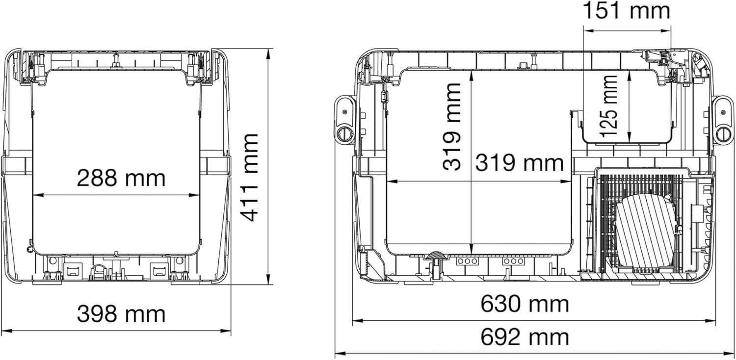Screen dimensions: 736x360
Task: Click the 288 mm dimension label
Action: [x=121, y=178]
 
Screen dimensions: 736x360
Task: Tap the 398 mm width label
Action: [x=121, y=314]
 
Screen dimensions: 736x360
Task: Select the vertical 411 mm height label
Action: [x=249, y=178]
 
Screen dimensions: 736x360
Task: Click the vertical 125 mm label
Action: [x=608, y=106]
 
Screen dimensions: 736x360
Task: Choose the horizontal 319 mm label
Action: [x=520, y=163]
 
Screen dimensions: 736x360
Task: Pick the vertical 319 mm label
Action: [x=452, y=127]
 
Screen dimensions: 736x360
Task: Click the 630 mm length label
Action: [x=525, y=304]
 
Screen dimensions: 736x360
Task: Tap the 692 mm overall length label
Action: [x=525, y=337]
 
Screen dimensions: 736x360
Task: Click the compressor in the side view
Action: [x=646, y=231]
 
